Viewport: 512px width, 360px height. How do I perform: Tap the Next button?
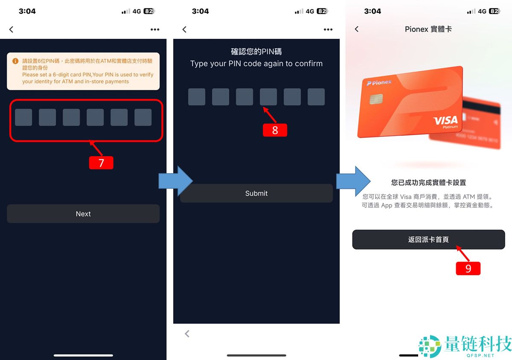click(83, 214)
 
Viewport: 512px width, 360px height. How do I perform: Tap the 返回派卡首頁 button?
click(428, 240)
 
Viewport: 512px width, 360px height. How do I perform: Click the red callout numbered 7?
click(101, 163)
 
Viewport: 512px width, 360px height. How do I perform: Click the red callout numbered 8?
click(275, 130)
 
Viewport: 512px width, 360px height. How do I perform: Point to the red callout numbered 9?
click(468, 268)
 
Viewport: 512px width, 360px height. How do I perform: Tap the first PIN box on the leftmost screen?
click(23, 117)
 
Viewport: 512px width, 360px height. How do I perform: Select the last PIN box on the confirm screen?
click(316, 97)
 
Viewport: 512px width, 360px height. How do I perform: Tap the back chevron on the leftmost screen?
click(12, 29)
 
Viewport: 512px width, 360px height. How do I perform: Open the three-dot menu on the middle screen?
click(328, 29)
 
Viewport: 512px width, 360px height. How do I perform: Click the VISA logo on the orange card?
click(445, 121)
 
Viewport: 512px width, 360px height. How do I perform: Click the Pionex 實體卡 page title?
click(428, 29)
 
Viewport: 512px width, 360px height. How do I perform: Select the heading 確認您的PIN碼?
click(256, 52)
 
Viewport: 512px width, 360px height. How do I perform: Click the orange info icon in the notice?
click(15, 61)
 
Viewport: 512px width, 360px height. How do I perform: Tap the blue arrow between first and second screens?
click(175, 181)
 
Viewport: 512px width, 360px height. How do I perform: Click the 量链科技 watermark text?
click(477, 343)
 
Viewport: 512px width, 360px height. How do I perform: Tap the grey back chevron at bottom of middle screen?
click(187, 334)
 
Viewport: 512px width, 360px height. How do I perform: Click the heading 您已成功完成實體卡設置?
click(428, 183)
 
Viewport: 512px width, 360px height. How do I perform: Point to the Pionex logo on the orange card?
click(379, 82)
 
